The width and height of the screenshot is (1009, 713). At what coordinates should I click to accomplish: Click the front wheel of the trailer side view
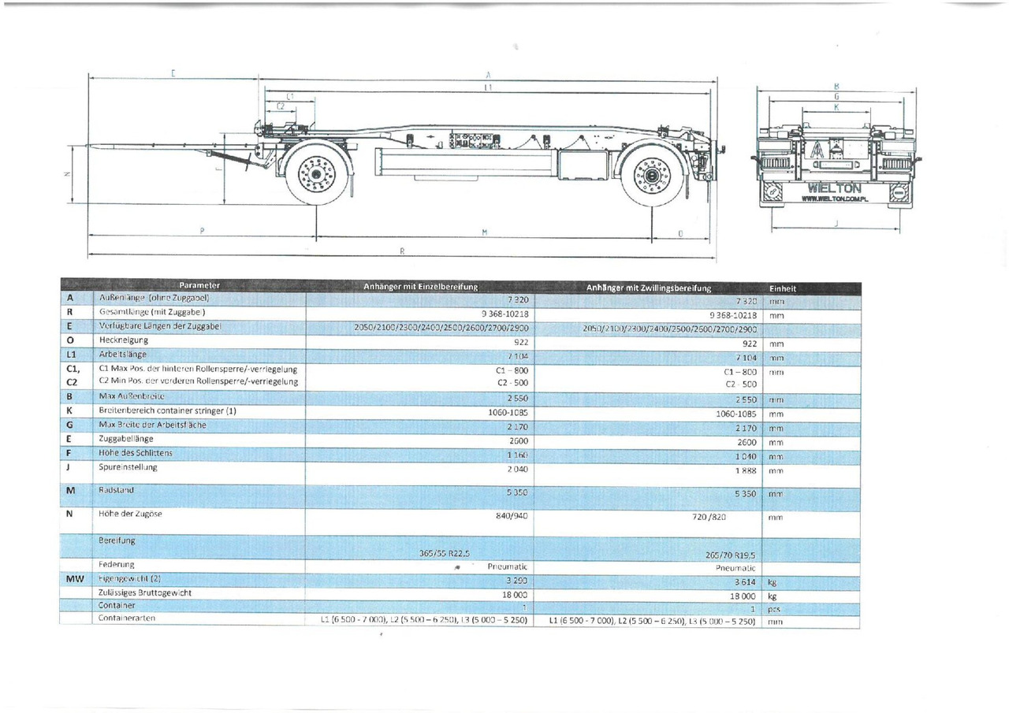coord(318,173)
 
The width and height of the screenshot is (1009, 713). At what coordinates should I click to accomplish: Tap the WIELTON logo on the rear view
coord(835,189)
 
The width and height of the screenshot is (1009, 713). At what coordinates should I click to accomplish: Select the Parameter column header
coord(199,285)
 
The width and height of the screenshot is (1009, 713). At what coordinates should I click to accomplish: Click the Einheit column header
coord(782,288)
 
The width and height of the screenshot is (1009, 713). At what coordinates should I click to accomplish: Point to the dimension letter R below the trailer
coord(402,251)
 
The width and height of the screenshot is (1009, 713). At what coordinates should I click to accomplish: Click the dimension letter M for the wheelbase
coord(485,232)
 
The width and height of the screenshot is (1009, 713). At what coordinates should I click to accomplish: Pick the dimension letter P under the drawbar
coord(202,231)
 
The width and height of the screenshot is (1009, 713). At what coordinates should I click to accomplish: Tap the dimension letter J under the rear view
coord(836,224)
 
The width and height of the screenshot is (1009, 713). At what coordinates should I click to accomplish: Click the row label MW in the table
coord(70,580)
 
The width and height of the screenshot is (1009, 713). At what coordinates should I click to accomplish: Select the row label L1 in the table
coord(70,355)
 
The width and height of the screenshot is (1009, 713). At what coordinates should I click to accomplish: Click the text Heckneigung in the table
coord(123,340)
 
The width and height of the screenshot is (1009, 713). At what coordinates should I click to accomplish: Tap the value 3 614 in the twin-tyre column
coord(743,582)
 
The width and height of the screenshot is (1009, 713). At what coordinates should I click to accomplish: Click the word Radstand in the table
coord(116,490)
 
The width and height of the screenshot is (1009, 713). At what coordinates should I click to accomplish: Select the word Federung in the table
coord(117,564)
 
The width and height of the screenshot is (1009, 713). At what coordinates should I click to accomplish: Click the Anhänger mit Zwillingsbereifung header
coord(648,288)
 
